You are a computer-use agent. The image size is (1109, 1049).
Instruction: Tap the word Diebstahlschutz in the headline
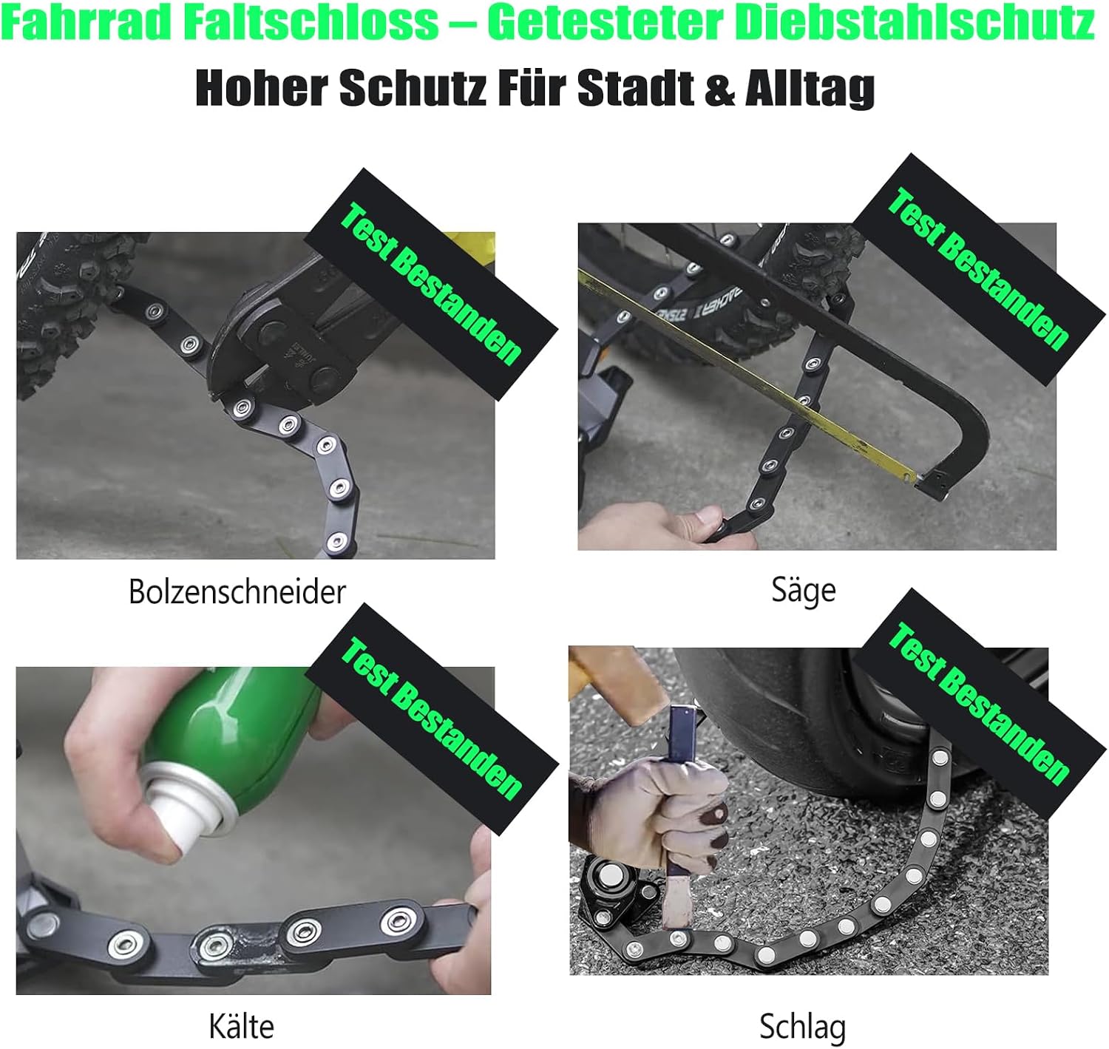point(914,23)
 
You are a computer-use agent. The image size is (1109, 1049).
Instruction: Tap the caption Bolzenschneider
point(237,591)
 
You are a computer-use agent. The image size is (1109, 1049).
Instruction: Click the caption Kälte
point(242,1026)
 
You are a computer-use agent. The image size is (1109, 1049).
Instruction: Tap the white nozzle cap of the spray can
point(186,801)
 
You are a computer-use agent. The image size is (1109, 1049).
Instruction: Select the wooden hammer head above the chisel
point(626,682)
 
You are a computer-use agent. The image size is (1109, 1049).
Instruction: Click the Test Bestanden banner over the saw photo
point(978,270)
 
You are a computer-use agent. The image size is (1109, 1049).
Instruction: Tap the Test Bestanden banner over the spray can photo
point(432,719)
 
